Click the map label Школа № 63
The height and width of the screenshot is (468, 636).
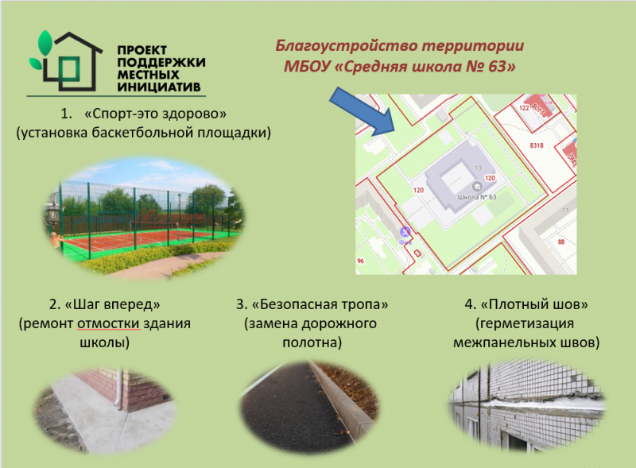click(x=477, y=196)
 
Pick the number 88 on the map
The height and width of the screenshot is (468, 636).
click(x=561, y=242)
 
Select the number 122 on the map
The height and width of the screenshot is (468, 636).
click(x=524, y=106)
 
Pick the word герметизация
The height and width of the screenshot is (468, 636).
click(x=525, y=324)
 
